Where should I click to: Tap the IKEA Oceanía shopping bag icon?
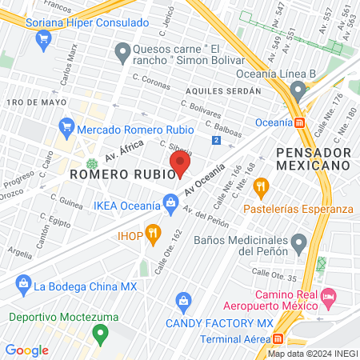171,206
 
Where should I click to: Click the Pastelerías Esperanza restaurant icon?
260,188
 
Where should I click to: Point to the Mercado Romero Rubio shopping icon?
67,127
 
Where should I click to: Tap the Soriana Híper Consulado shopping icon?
15,23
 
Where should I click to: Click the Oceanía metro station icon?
299,122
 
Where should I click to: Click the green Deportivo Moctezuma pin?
100,332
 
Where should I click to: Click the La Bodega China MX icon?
24,285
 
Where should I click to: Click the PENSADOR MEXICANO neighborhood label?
314,158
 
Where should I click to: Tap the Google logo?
26,350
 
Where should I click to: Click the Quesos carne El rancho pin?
122,54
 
